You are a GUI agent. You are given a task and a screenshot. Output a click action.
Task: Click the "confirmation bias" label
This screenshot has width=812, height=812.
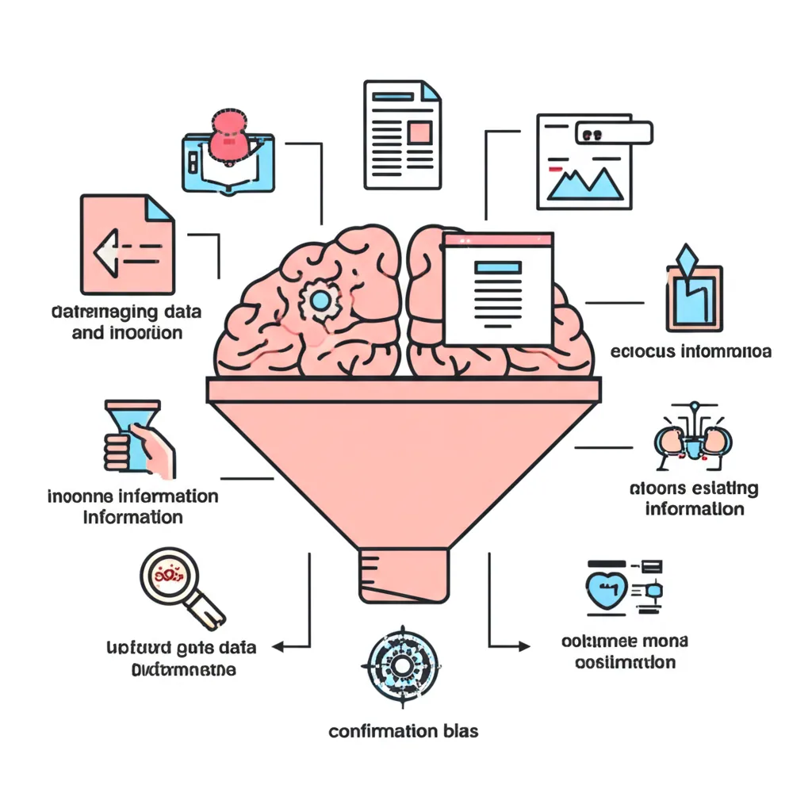(x=404, y=730)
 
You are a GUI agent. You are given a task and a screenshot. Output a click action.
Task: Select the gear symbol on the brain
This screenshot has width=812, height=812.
(x=320, y=299)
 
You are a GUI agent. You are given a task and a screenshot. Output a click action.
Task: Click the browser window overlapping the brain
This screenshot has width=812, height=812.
(x=498, y=289)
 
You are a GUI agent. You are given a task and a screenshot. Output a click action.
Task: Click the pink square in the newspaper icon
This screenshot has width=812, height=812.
(x=419, y=131)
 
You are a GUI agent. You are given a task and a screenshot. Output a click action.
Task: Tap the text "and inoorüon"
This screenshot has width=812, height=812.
(x=127, y=332)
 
